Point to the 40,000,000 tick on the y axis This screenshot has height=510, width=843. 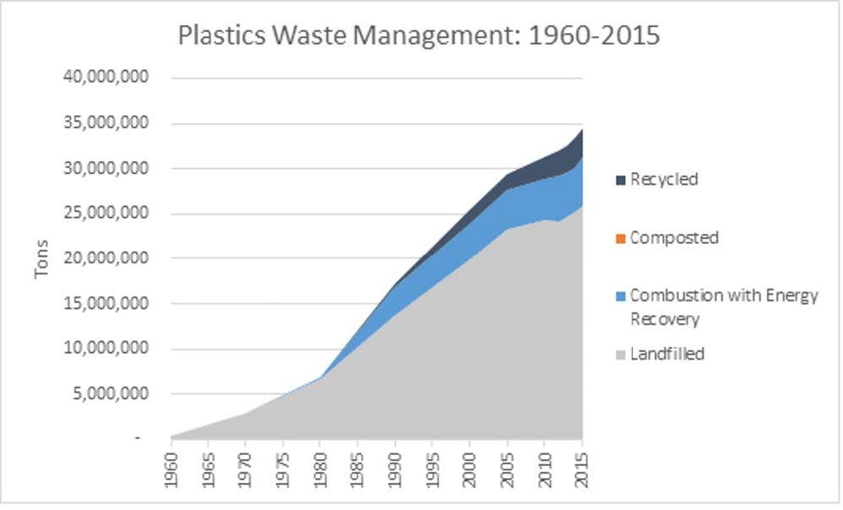coord(106,78)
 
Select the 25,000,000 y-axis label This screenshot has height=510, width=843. coord(106,213)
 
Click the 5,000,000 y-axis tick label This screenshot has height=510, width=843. coord(111,393)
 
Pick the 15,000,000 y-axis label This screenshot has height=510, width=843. coord(106,303)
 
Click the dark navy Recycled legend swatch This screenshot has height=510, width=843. coord(621,180)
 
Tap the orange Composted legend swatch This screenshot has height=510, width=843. coord(621,238)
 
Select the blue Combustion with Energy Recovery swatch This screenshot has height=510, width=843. coord(621,296)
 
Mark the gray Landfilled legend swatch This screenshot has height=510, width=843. coord(621,355)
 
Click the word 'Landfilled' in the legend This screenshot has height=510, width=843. coord(667,354)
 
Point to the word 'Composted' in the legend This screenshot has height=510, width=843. coord(674,238)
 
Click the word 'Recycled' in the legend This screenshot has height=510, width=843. coord(664,180)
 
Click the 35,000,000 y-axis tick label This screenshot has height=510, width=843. coord(106,123)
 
